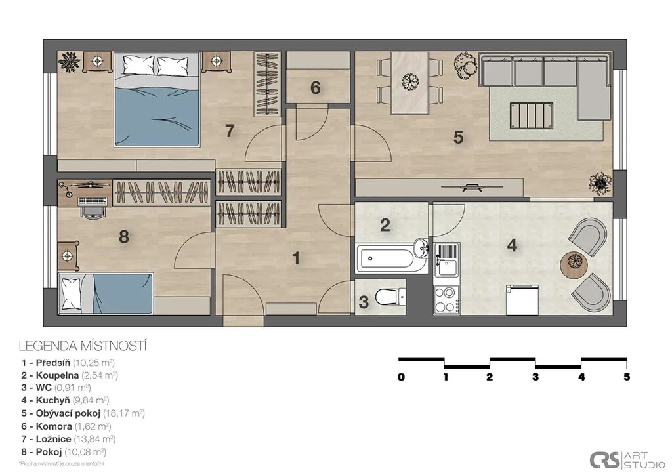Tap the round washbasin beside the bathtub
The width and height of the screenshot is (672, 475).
(x=422, y=248)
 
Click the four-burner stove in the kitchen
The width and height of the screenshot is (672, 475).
(x=446, y=299)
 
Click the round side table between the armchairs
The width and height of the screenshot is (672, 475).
(x=574, y=265)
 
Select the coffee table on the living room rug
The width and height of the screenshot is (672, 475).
(x=532, y=115)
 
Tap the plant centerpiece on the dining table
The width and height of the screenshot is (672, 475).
(x=411, y=81)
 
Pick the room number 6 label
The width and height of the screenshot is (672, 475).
(x=316, y=88)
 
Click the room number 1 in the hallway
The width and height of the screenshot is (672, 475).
(x=296, y=258)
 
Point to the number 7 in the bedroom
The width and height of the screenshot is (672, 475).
(x=230, y=131)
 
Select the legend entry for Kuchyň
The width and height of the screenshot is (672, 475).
(x=65, y=400)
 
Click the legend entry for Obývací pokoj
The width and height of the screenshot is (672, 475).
(x=83, y=413)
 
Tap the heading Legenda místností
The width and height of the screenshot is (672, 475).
(x=83, y=346)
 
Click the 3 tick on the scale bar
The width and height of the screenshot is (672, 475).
(x=535, y=377)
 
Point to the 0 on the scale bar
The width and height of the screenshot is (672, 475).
(x=401, y=377)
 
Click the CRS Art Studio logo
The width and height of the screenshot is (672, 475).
(x=627, y=460)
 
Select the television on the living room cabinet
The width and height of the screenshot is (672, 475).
(x=472, y=186)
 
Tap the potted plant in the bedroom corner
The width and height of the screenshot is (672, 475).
(x=70, y=62)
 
